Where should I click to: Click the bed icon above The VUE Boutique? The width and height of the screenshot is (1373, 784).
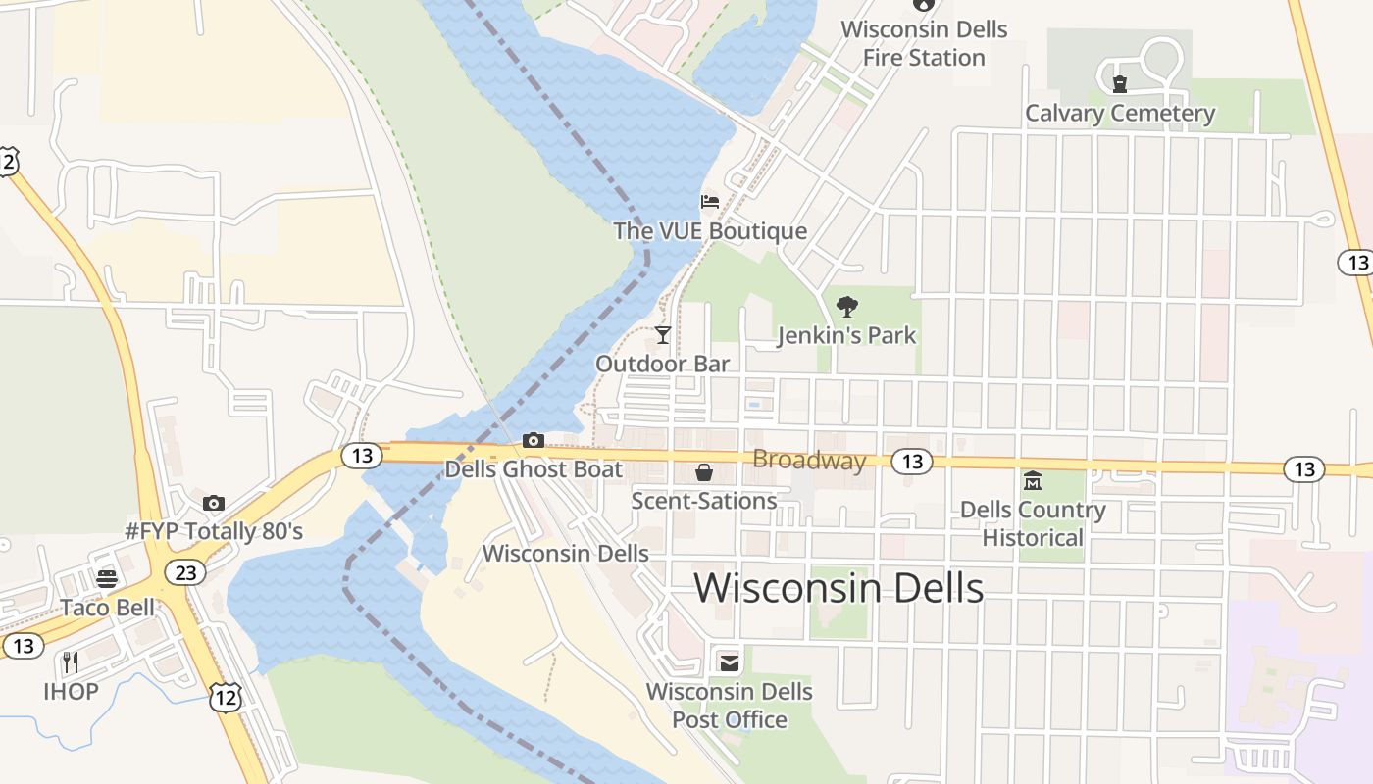[710, 202]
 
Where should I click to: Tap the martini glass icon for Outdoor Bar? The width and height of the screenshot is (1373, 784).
[663, 335]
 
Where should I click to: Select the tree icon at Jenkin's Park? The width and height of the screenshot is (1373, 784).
[846, 307]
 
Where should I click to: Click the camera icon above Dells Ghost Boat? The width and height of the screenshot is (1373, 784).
[534, 440]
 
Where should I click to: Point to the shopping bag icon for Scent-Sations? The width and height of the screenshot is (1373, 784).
[704, 472]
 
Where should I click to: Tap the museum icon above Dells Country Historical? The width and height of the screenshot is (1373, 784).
[1033, 481]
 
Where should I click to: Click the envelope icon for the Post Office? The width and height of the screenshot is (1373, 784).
[729, 663]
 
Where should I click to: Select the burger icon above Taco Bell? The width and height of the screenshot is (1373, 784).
[107, 578]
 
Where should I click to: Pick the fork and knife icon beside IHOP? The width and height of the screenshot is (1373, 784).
[71, 662]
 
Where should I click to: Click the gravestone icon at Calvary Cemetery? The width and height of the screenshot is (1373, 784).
[1120, 84]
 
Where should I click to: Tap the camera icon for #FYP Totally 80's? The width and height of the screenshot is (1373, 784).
[214, 503]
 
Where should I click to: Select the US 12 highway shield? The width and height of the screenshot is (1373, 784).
[225, 698]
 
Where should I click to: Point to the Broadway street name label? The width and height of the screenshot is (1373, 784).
[809, 461]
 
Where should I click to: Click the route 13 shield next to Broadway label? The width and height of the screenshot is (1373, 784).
[912, 462]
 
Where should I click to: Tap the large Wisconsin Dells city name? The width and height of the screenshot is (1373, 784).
[839, 588]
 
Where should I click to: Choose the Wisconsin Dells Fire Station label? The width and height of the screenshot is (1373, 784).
[924, 43]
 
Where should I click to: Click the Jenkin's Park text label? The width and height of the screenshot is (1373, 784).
[846, 335]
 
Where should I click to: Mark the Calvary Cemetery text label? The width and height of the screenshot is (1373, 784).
[1120, 114]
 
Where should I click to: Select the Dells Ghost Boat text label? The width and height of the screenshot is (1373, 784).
[534, 469]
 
